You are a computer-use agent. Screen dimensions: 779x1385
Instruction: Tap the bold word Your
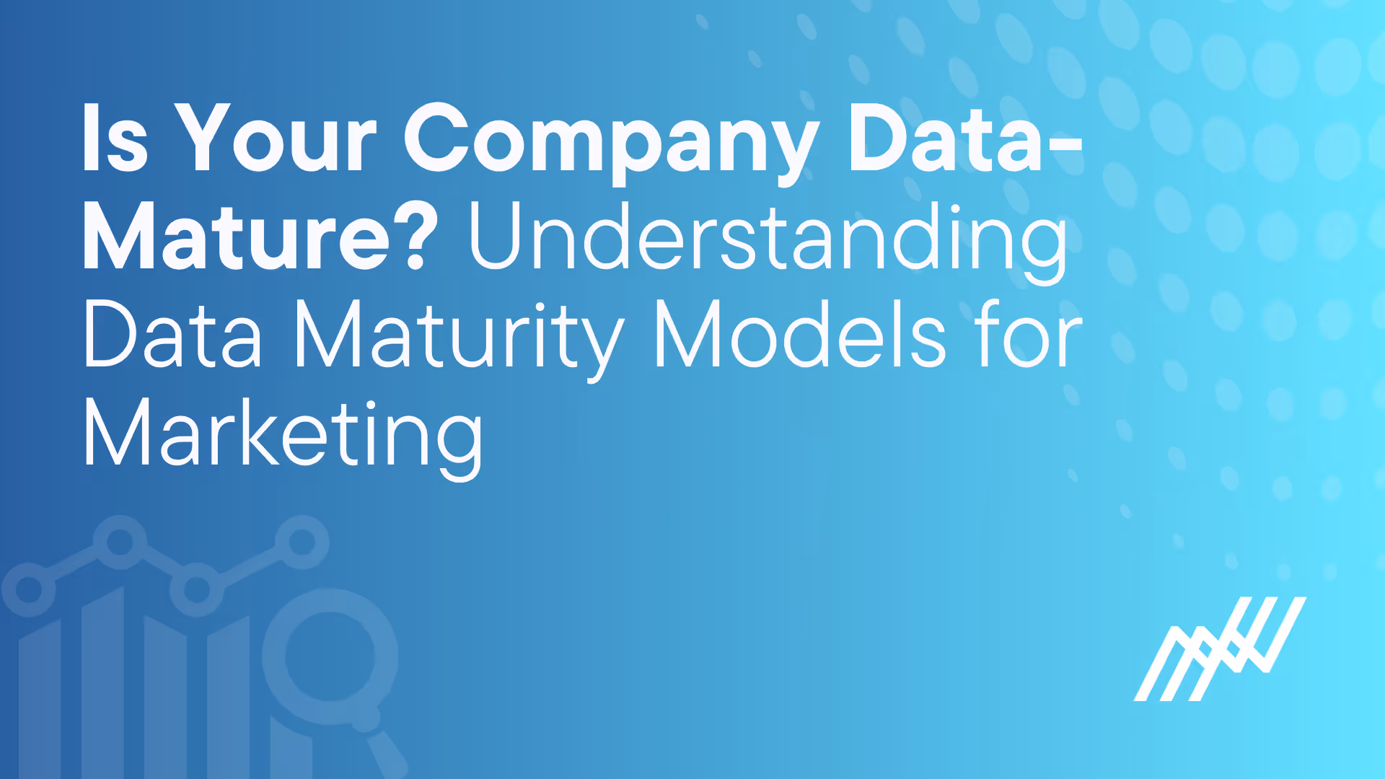point(276,139)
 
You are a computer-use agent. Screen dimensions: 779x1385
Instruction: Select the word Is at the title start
point(115,139)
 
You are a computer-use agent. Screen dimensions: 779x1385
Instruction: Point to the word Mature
point(238,238)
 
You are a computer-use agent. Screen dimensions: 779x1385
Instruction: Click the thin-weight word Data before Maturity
point(173,336)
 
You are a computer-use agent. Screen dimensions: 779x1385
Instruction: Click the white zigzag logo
point(1220,648)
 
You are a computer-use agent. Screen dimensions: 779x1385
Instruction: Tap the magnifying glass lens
point(330,657)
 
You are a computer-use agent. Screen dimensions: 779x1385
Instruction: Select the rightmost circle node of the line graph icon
point(302,542)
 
